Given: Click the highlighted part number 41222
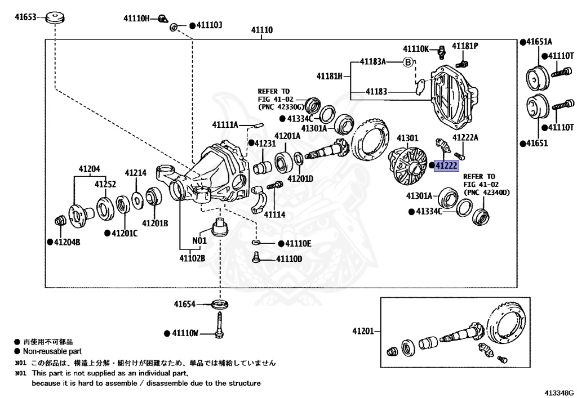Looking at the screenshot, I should [446, 166].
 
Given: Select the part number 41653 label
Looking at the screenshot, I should [25, 17].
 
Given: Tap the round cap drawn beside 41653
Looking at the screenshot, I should [55, 17].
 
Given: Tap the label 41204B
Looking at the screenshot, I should [67, 242].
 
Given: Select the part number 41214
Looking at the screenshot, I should [136, 173].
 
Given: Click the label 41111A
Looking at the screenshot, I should [225, 124].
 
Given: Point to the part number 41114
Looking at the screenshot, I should [274, 214].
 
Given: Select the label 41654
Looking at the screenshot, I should [184, 304].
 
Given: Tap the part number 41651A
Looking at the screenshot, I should [539, 42].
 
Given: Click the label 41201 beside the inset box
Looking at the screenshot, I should [363, 330].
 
